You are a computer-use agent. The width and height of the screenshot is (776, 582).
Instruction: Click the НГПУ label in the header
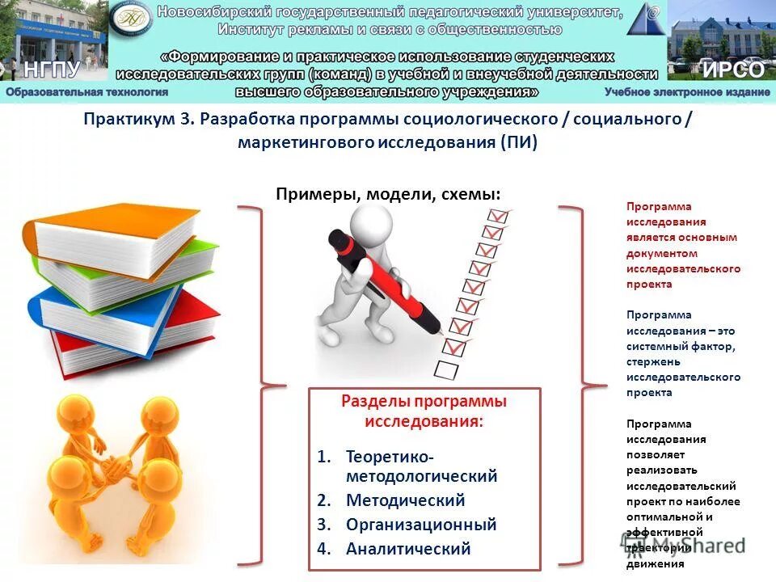pyautogui.click(x=53, y=69)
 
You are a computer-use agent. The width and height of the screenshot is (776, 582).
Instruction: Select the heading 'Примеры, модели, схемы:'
pyautogui.click(x=388, y=194)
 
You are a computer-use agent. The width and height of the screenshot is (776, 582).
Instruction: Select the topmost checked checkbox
pyautogui.click(x=498, y=216)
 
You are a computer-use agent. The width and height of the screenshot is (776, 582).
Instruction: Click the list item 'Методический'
pyautogui.click(x=405, y=500)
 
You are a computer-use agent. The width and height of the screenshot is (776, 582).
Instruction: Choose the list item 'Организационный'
pyautogui.click(x=420, y=525)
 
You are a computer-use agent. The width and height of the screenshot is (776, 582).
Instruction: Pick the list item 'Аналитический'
pyautogui.click(x=407, y=549)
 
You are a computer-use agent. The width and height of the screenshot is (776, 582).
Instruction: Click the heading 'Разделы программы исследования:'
pyautogui.click(x=424, y=411)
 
